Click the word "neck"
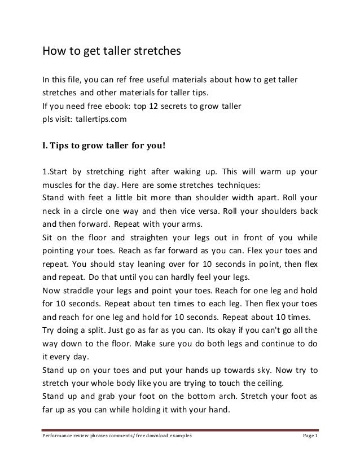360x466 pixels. [51, 212]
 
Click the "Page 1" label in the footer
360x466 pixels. [309, 436]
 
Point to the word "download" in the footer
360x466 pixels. [160, 437]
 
